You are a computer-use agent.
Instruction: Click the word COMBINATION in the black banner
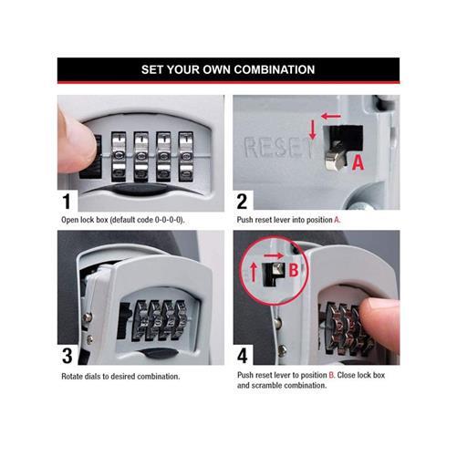click(x=275, y=69)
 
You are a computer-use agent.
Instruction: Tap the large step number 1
click(x=67, y=202)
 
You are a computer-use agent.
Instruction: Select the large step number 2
click(x=242, y=202)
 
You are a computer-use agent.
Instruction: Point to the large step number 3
click(x=68, y=356)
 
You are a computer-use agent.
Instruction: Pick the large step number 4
click(x=243, y=356)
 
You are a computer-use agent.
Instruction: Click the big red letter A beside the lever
click(x=358, y=161)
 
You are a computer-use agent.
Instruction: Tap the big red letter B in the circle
click(x=294, y=270)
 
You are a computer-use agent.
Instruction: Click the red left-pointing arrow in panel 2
click(x=331, y=116)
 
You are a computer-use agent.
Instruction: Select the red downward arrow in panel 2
click(x=312, y=130)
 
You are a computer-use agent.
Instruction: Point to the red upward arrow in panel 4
click(x=254, y=272)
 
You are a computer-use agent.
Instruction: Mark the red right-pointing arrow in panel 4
click(x=274, y=255)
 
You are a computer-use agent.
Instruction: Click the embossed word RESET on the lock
click(x=278, y=148)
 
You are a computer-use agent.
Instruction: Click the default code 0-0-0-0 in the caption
click(x=168, y=220)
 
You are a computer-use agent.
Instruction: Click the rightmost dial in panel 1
click(x=185, y=156)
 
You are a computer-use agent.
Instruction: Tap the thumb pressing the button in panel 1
click(x=77, y=141)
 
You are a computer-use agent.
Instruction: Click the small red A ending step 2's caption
click(x=337, y=220)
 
